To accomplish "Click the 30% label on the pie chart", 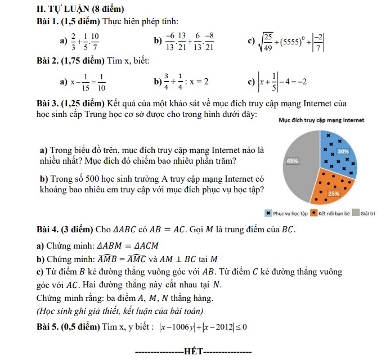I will coord(343,151).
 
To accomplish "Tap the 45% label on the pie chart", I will coord(293,160).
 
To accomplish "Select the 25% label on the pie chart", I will coord(333,193).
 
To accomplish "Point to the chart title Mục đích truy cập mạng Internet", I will coord(321,120).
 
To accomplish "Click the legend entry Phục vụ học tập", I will coord(287,213).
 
